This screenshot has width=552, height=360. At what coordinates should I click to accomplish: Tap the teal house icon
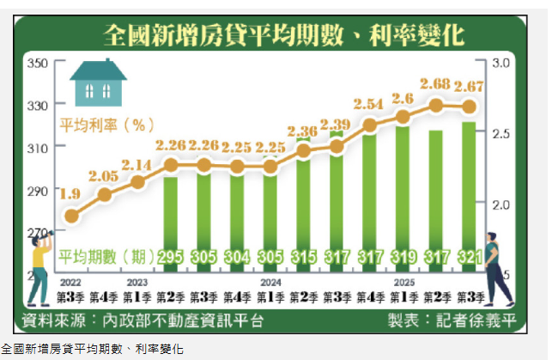click(x=98, y=82)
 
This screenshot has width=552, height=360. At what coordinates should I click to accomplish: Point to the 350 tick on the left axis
click(x=36, y=64)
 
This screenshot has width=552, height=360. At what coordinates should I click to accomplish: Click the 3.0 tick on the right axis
click(x=500, y=64)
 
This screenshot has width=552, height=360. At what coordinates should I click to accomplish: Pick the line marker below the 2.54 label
click(x=369, y=125)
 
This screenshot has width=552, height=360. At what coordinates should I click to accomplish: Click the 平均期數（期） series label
click(x=106, y=256)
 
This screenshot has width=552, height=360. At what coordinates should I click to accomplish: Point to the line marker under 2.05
click(x=105, y=195)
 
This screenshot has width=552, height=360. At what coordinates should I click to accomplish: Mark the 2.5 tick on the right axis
click(x=500, y=134)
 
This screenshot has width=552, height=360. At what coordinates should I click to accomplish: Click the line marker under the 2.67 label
click(x=469, y=107)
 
